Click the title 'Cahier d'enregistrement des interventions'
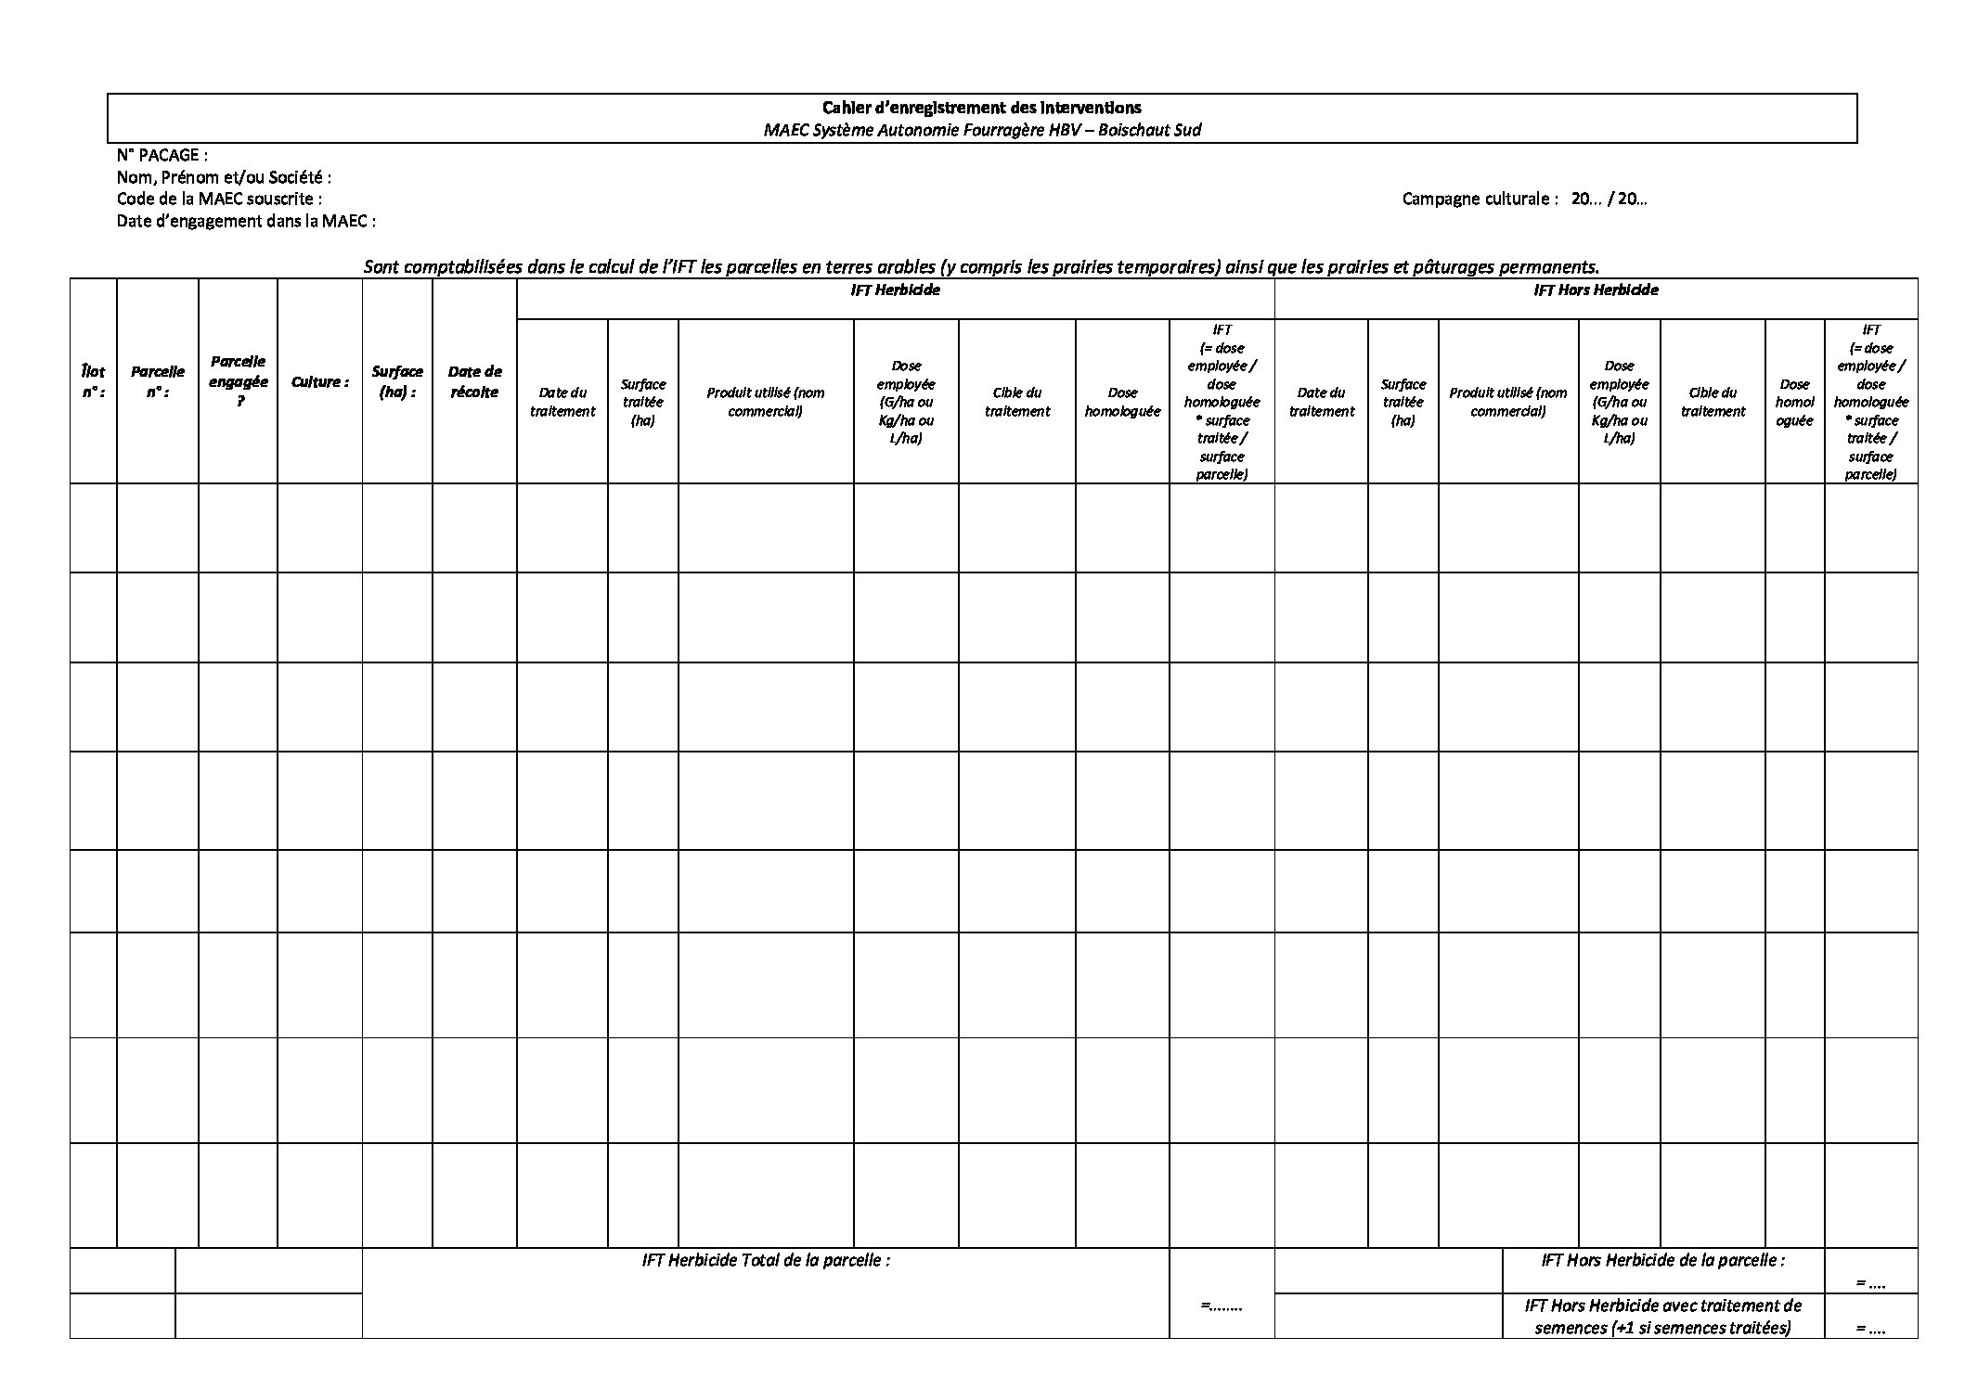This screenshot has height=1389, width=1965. [x=981, y=108]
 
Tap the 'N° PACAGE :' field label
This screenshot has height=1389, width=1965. [x=162, y=155]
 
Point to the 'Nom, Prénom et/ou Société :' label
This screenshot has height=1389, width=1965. [x=224, y=176]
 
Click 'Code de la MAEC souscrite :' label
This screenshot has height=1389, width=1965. [x=219, y=199]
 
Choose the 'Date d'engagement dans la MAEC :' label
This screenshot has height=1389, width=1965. [x=246, y=221]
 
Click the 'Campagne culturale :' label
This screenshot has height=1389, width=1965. [x=1480, y=199]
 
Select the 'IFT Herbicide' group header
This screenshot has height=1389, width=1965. [x=895, y=290]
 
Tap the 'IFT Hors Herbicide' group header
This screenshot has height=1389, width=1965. [x=1595, y=290]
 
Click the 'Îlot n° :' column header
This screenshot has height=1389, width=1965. [x=93, y=381]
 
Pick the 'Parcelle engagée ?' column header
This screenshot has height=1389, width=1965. [x=238, y=381]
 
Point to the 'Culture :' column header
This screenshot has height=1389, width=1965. [x=319, y=381]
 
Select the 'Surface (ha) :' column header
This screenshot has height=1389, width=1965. [x=397, y=381]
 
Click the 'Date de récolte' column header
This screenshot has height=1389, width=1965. [x=474, y=381]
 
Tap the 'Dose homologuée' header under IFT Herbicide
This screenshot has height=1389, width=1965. [x=1122, y=402]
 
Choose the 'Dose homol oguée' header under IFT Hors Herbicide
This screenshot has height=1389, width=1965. [x=1793, y=402]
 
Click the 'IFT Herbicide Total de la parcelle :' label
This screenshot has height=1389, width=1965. [x=766, y=1260]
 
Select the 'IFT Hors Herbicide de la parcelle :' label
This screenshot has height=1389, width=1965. [x=1662, y=1260]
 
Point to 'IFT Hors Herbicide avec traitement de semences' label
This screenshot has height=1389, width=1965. [x=1662, y=1316]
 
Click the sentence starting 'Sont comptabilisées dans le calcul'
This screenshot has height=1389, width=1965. [x=981, y=267]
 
